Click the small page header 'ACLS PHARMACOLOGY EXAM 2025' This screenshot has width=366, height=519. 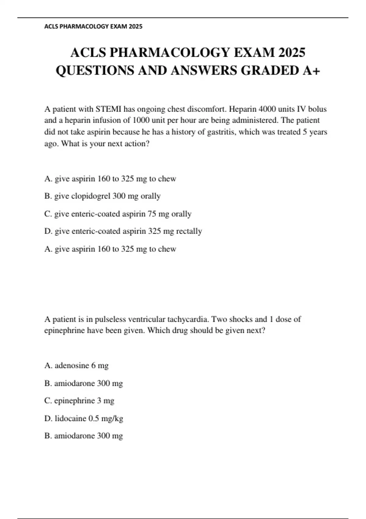click(93, 27)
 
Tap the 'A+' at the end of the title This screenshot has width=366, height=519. click(311, 71)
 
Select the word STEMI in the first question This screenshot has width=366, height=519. click(109, 109)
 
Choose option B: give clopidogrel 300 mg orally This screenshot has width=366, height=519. click(102, 196)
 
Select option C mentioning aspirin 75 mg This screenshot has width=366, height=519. click(118, 214)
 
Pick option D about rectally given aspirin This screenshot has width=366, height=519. click(123, 231)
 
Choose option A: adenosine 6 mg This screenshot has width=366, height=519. click(76, 365)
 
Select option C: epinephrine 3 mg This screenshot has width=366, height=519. click(79, 401)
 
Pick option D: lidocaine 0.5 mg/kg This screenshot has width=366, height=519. click(84, 418)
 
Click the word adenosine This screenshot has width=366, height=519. click(72, 365)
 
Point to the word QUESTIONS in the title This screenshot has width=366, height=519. click(95, 71)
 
